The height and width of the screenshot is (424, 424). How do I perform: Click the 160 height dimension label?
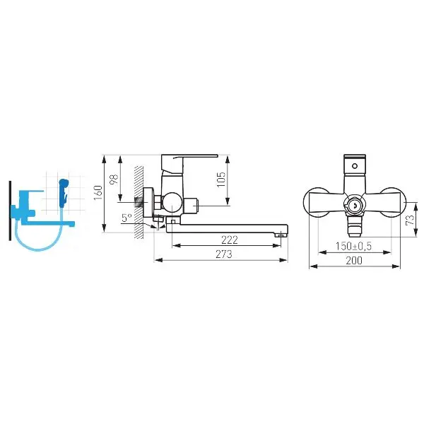[x=98, y=193]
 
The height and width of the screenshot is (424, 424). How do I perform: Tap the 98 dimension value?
[x=114, y=179]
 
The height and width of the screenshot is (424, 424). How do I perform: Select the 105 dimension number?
[x=221, y=179]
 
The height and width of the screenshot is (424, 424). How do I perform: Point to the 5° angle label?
[x=126, y=218]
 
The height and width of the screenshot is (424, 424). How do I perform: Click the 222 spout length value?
[x=230, y=240]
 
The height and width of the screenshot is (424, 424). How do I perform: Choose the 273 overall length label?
[x=223, y=254]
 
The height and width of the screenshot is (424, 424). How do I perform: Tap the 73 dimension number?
[x=410, y=220]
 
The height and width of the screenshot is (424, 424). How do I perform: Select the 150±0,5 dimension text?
[x=354, y=247]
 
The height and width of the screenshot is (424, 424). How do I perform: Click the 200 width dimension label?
[x=354, y=260]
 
